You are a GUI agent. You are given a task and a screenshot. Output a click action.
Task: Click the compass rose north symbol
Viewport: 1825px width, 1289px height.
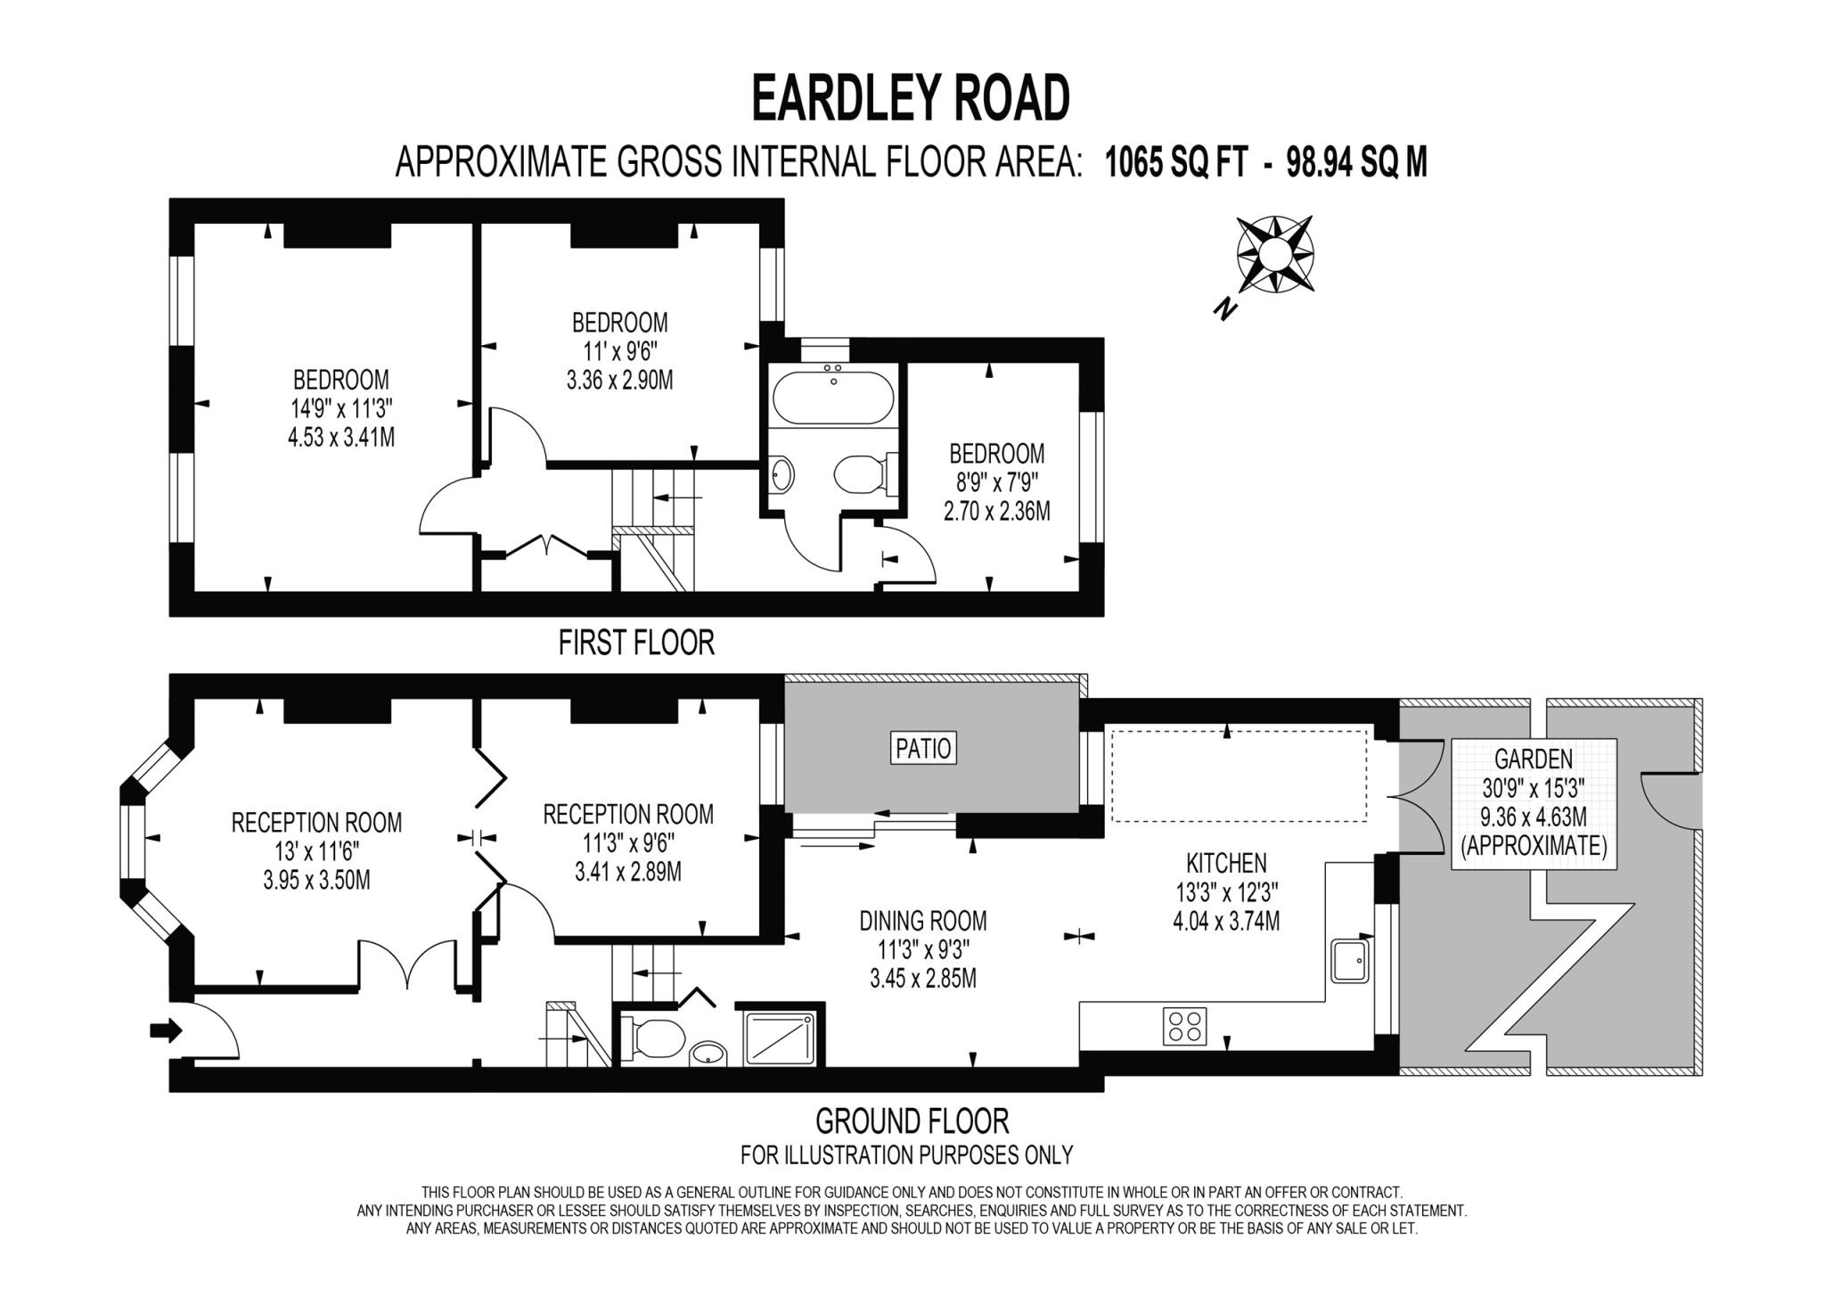pos(1274,255)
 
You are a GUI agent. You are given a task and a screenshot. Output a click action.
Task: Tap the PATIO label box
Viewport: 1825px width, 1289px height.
pos(923,748)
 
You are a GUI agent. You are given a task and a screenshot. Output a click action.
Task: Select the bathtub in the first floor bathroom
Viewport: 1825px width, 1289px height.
pos(833,398)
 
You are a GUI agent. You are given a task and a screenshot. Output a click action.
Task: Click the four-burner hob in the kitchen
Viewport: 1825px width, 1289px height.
pos(1185,1025)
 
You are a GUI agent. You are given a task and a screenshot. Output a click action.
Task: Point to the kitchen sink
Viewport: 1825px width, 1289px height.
pos(1350,960)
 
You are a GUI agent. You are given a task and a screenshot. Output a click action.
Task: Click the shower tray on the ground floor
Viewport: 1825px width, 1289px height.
pos(780,1037)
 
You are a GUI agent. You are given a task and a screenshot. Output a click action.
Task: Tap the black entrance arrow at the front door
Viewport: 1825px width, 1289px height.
pos(166,1031)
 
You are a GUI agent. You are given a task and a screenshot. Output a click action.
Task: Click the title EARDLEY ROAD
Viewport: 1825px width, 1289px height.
pos(911,98)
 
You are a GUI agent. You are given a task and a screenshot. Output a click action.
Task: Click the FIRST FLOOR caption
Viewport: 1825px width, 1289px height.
pos(636,643)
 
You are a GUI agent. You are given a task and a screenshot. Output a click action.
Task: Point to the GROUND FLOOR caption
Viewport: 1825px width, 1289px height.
pos(912,1121)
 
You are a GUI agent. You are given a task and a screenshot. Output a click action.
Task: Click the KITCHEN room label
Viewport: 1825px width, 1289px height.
pos(1226,863)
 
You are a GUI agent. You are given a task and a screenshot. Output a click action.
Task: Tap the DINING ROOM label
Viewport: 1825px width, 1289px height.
pos(923,920)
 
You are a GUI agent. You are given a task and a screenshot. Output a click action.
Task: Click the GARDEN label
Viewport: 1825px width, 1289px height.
pos(1534,759)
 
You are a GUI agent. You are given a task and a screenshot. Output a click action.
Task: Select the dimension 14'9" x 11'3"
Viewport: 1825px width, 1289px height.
pos(341,409)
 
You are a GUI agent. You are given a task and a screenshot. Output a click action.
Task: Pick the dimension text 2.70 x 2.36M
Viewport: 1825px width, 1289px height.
pos(997,512)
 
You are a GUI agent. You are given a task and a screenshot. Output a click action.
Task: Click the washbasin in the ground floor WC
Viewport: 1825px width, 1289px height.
pos(708,1053)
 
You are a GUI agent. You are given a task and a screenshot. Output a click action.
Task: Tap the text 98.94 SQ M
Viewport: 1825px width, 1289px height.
pos(1357,163)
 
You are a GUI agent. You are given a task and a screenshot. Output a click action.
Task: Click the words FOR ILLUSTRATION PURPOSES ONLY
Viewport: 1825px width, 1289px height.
pos(906,1155)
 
